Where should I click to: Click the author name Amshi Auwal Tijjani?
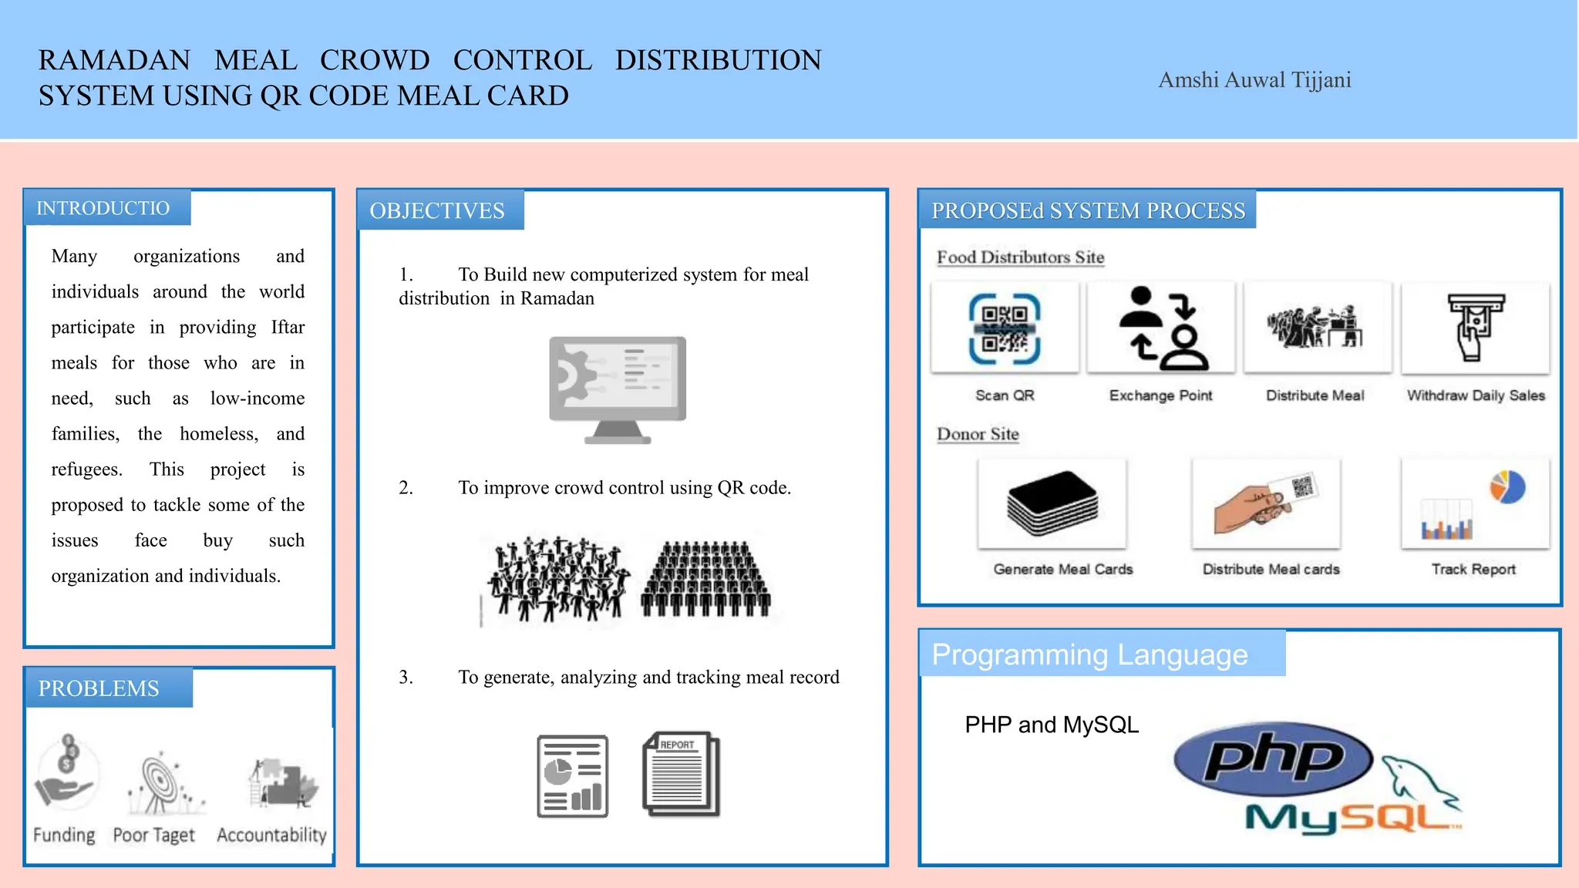click(x=1254, y=80)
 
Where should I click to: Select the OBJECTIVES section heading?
click(x=437, y=210)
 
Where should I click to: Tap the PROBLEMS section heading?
click(x=99, y=688)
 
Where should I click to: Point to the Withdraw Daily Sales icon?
click(x=1474, y=328)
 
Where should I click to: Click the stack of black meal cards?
click(x=1052, y=503)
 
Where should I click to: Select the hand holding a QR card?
click(x=1264, y=503)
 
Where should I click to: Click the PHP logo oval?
click(x=1273, y=759)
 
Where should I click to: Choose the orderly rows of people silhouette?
click(x=705, y=579)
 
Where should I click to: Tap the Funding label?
click(x=64, y=835)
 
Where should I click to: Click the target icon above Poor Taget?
click(x=159, y=782)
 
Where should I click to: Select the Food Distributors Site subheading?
click(x=1020, y=257)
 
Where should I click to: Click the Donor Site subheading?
click(x=978, y=434)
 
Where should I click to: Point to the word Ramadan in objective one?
click(x=557, y=298)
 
